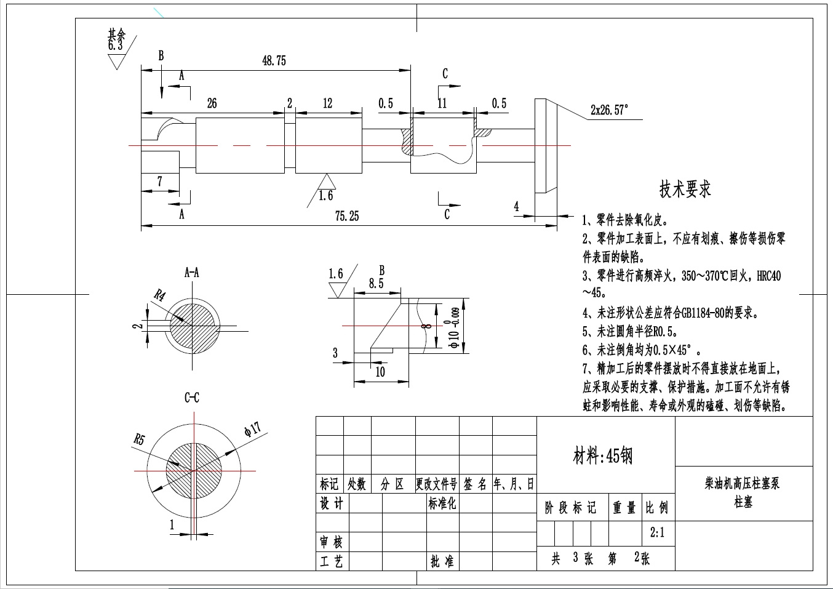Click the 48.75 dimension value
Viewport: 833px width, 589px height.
coord(274,61)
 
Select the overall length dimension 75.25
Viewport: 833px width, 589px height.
coord(347,216)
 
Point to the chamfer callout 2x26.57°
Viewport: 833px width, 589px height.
coord(609,110)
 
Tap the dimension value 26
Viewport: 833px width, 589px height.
coord(212,103)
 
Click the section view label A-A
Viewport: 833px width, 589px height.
coord(192,272)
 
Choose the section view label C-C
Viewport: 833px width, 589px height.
coord(192,398)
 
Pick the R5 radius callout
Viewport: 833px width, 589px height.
coord(140,439)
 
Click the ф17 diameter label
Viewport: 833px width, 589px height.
coord(252,429)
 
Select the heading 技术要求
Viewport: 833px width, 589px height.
coord(685,188)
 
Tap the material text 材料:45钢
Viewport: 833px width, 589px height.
coord(602,456)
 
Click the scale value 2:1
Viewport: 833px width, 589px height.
coord(657,532)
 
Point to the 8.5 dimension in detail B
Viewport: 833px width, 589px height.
coord(376,283)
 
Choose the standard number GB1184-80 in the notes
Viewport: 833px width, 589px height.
coord(703,313)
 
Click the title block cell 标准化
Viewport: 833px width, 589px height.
coord(442,503)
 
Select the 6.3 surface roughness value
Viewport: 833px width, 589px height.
coord(115,46)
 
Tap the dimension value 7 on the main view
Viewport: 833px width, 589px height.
coord(160,182)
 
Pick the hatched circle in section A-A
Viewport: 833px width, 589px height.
coord(194,326)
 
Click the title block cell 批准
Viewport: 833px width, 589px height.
coord(442,561)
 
